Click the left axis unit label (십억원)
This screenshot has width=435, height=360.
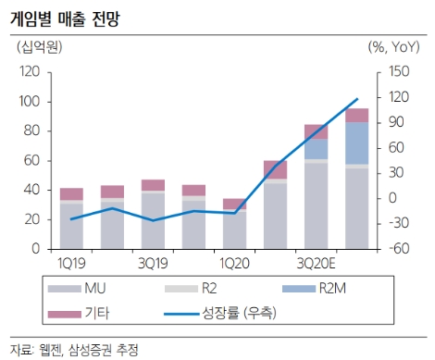pyautogui.click(x=36, y=46)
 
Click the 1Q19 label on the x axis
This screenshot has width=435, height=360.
pyautogui.click(x=71, y=265)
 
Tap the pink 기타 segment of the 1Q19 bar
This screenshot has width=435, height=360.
pyautogui.click(x=71, y=193)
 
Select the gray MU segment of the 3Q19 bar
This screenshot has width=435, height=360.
pyautogui.click(x=153, y=220)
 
